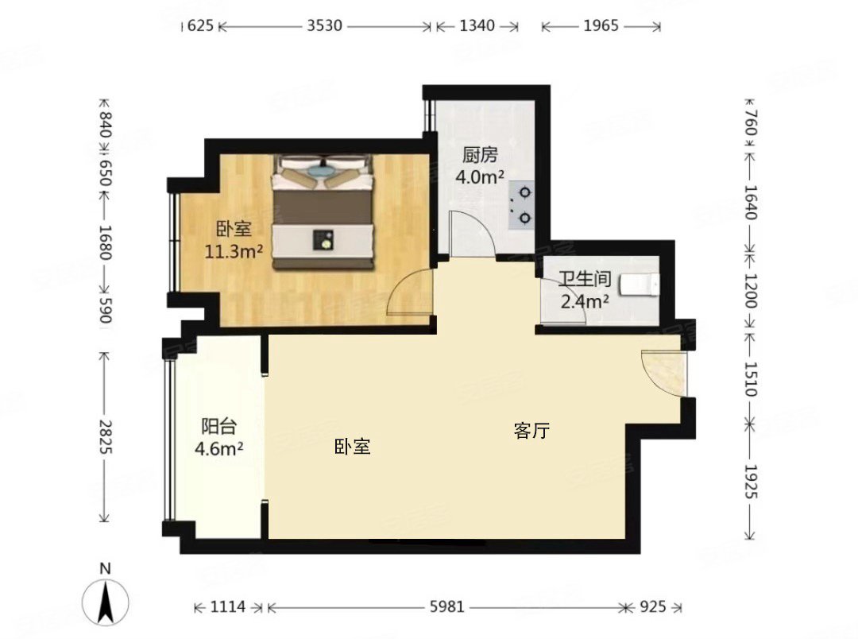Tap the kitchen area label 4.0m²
click(x=480, y=177)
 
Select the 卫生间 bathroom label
click(x=585, y=279)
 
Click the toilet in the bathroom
click(x=639, y=285)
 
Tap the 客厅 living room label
click(x=531, y=431)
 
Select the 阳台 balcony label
click(x=219, y=426)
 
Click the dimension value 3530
click(x=324, y=25)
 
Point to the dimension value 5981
click(x=446, y=606)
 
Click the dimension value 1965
click(x=601, y=25)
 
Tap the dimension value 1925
click(x=750, y=482)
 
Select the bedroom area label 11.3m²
click(x=234, y=251)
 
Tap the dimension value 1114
click(x=228, y=606)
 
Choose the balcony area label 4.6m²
click(x=219, y=448)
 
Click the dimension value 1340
click(x=477, y=25)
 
